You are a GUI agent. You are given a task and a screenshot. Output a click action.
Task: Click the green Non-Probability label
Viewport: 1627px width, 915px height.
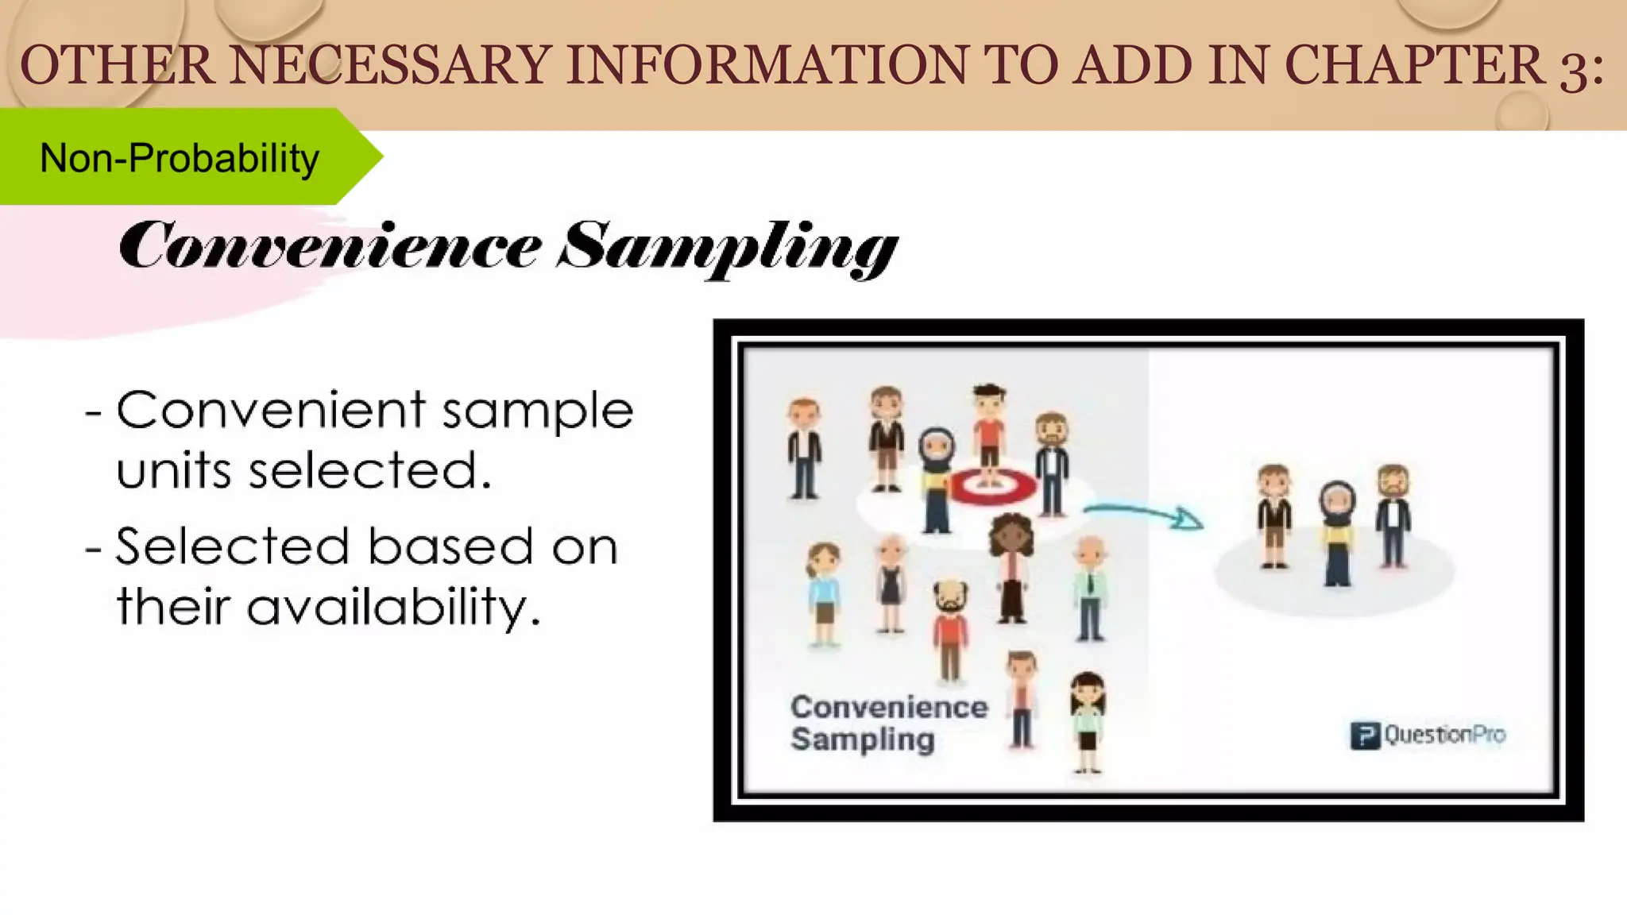[x=180, y=157]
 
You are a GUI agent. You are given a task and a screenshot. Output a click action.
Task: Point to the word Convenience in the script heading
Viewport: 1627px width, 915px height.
[x=330, y=246]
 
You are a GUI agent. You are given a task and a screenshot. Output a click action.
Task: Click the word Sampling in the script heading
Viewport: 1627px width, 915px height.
[x=726, y=248]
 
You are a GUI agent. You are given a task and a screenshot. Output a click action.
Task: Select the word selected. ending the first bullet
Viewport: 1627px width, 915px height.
[x=370, y=470]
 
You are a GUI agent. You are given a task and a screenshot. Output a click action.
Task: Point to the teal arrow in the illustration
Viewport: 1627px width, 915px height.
[x=1144, y=515]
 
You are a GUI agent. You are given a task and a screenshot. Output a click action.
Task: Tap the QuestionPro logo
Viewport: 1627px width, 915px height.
[x=1428, y=735]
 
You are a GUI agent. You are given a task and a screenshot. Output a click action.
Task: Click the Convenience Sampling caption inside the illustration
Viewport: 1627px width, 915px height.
[x=888, y=723]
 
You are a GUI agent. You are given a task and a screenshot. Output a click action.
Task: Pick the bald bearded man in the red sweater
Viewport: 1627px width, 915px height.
[x=950, y=627]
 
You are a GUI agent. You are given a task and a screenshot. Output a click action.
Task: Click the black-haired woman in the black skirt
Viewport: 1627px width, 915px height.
[x=1087, y=719]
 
